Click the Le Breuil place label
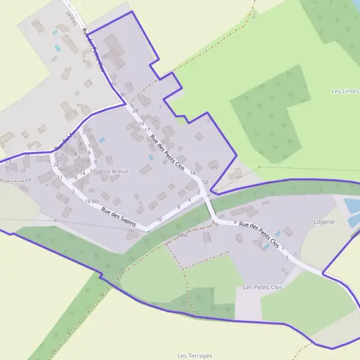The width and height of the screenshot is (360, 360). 116,171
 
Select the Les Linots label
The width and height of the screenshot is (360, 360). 345,91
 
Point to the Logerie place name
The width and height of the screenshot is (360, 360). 323,221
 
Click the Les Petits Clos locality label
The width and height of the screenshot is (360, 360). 263,287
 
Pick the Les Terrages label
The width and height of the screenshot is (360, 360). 195,356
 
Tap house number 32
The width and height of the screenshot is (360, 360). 113,83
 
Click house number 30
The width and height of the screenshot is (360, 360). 123,95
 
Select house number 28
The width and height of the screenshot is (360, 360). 135,111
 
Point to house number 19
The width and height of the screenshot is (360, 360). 142,124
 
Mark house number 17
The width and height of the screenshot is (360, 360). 147,130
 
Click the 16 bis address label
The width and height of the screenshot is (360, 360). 92,201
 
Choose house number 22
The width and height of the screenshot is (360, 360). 55,164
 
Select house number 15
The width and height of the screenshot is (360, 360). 27,156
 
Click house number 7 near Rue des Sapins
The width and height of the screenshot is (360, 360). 73,191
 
